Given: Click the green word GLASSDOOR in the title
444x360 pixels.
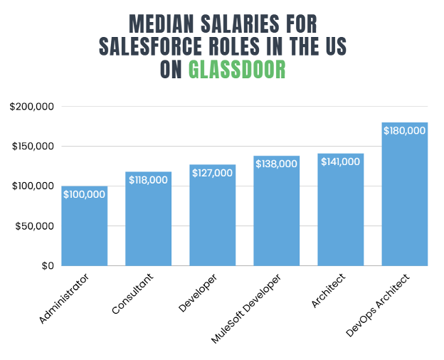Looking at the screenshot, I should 237,70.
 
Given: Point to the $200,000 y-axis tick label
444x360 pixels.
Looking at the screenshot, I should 32,107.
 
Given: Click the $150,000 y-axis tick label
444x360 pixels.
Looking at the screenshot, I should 32,147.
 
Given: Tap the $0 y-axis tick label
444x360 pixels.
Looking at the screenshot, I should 47,266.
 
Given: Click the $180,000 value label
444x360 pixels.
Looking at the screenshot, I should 404,131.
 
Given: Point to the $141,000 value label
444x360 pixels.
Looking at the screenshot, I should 340,162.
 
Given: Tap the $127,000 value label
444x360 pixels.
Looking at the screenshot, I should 212,173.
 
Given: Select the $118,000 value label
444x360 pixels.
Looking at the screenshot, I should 148,180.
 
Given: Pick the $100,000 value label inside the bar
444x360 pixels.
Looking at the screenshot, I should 84,194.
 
